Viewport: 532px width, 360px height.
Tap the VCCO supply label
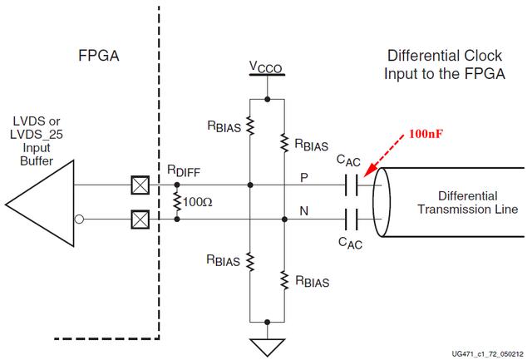[266, 65]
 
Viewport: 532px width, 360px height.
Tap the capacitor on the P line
[353, 185]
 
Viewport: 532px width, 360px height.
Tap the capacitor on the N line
[353, 219]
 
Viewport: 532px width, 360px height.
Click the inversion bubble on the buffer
[79, 219]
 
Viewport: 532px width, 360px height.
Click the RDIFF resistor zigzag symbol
[176, 202]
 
